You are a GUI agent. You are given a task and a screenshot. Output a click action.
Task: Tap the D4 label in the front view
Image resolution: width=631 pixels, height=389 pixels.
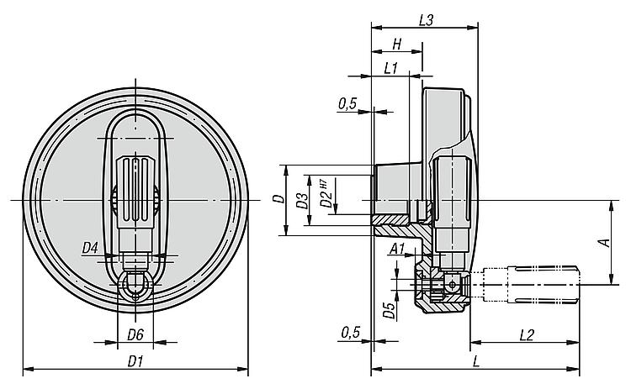(90, 248)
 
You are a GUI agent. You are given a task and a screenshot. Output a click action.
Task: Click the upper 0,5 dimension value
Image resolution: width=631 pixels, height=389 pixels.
(348, 103)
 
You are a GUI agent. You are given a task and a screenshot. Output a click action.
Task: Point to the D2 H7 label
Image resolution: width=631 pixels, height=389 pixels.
(325, 198)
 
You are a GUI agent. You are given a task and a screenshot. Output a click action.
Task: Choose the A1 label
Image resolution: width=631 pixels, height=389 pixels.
(398, 250)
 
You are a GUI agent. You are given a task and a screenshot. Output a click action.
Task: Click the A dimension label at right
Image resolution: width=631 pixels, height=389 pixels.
(602, 243)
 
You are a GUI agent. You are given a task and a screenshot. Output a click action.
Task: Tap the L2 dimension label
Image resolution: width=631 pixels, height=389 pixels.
(526, 334)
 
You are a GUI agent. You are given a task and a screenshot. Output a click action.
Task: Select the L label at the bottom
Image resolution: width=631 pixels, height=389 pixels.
(476, 361)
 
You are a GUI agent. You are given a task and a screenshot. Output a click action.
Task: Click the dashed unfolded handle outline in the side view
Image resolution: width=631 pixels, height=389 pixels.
(534, 285)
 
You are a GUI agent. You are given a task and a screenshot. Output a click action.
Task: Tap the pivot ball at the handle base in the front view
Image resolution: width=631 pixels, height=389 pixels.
(134, 286)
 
